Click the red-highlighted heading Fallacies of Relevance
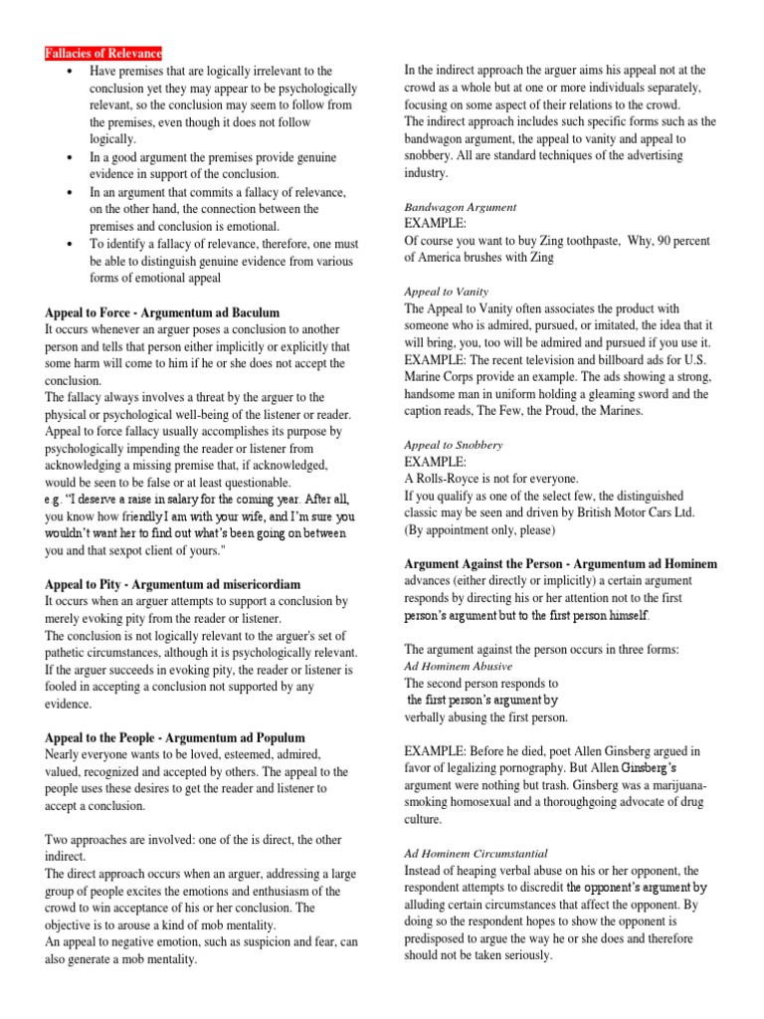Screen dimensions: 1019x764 pos(103,53)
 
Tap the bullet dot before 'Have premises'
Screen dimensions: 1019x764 pos(68,72)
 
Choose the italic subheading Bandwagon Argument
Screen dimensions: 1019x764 pos(460,207)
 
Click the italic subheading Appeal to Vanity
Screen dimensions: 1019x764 pos(446,292)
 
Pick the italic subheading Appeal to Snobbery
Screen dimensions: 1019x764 pos(453,445)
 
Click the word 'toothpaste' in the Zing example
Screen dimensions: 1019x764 pos(595,240)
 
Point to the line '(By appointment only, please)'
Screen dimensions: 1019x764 pos(483,529)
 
